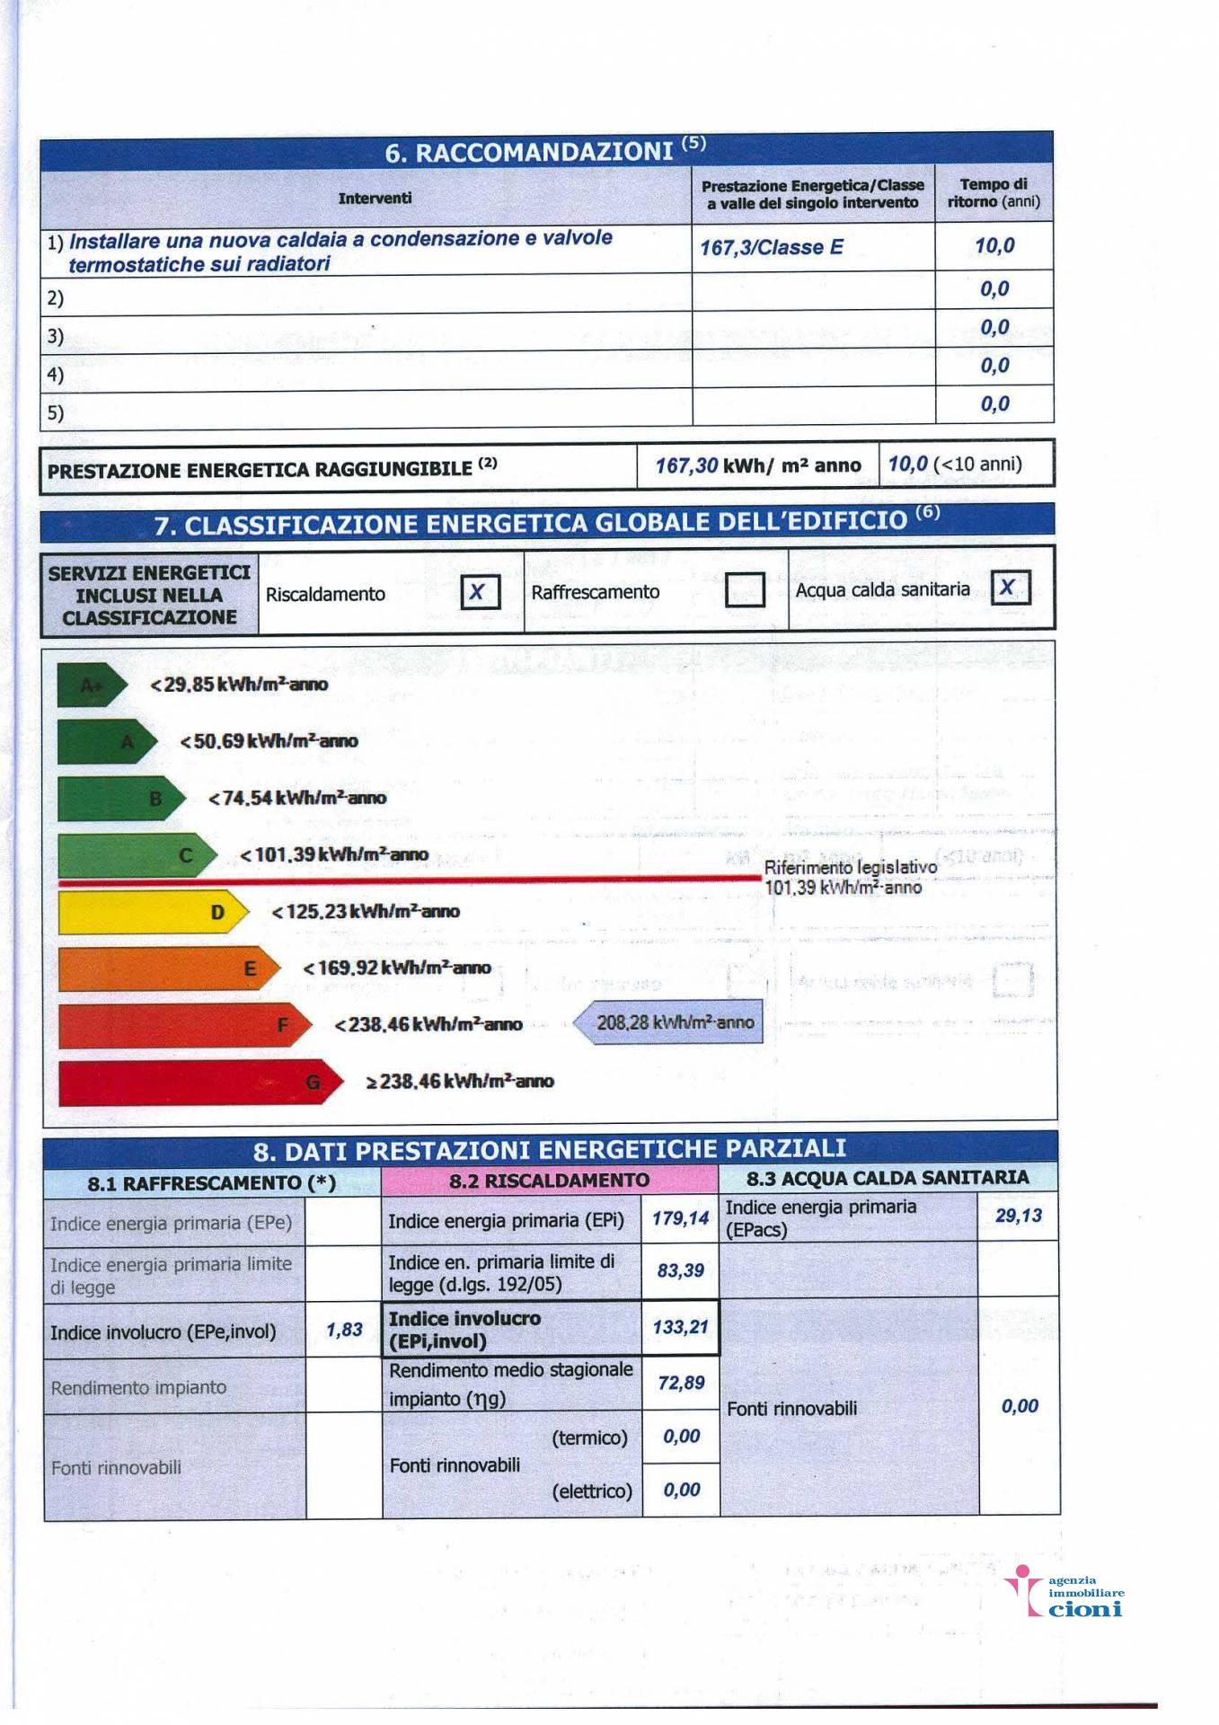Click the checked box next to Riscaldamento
pos(479,592)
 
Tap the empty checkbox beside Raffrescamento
pos(745,590)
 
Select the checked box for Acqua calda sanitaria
pos(1010,588)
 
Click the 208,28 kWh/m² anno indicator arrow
pos(669,1022)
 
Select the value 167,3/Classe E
pos(772,247)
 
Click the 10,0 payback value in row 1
pos(994,245)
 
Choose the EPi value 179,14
pos(680,1218)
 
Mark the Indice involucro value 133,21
pos(680,1327)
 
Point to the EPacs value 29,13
pos(1018,1216)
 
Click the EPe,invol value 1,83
pos(344,1330)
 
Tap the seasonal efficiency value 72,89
pos(680,1383)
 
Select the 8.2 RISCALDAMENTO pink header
pos(549,1181)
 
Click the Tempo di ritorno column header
pos(994,193)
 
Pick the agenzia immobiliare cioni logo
pos(1065,1592)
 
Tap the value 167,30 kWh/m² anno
pos(757,465)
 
